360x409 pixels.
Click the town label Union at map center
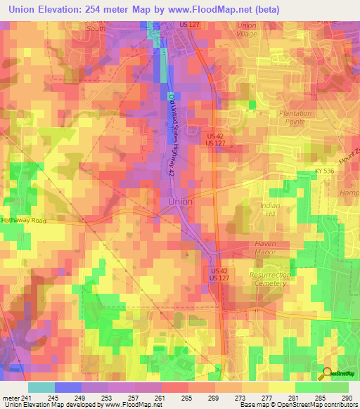180,202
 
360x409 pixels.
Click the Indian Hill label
271,209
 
